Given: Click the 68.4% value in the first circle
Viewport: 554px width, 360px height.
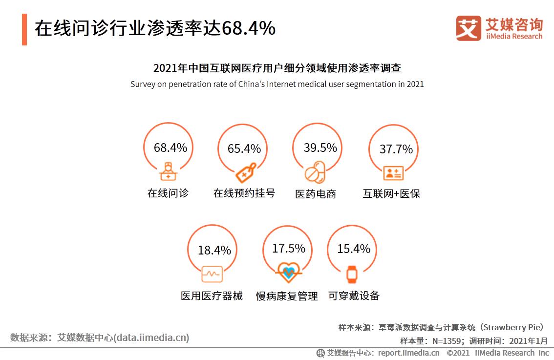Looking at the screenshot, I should pyautogui.click(x=170, y=148).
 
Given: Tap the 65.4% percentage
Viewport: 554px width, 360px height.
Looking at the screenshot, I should pyautogui.click(x=244, y=148).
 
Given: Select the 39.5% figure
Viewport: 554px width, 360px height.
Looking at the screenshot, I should pyautogui.click(x=320, y=148).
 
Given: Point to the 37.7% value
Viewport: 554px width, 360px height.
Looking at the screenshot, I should pyautogui.click(x=396, y=149).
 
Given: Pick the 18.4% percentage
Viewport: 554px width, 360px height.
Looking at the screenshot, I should pyautogui.click(x=214, y=250).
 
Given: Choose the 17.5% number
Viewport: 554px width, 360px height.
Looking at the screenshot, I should pyautogui.click(x=288, y=248).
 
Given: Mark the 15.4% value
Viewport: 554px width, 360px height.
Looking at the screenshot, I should pyautogui.click(x=353, y=249).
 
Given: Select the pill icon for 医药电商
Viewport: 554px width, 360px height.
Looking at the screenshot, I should pyautogui.click(x=315, y=171).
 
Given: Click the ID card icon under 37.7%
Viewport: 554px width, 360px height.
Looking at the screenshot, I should pyautogui.click(x=393, y=172).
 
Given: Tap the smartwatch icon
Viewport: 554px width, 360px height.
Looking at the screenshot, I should pyautogui.click(x=352, y=274).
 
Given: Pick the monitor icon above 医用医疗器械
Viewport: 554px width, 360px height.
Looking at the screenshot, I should pyautogui.click(x=212, y=274).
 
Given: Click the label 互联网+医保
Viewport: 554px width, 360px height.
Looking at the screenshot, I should pyautogui.click(x=391, y=193).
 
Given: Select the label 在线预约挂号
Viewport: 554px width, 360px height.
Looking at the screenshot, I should pyautogui.click(x=244, y=193).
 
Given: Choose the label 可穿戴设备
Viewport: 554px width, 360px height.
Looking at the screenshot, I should pyautogui.click(x=354, y=296).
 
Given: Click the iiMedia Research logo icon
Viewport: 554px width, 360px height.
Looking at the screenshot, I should pyautogui.click(x=468, y=28).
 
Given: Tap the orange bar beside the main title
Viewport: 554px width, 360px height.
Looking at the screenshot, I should pyautogui.click(x=24, y=30).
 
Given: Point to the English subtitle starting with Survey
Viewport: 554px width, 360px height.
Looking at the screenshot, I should pyautogui.click(x=277, y=84).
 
